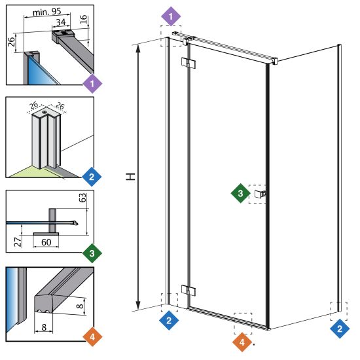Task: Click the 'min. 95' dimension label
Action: point(47,12)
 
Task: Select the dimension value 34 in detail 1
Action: point(61,22)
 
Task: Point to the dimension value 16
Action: point(84,19)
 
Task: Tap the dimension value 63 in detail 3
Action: point(82,198)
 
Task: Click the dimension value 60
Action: point(46,242)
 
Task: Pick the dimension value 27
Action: point(18,242)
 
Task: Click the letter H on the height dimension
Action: point(131,177)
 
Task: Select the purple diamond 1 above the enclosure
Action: point(171,16)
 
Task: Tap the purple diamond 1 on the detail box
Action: point(92,83)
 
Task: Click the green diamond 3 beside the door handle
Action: point(240,193)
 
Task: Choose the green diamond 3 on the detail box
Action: point(92,253)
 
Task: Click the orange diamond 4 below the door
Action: point(242,342)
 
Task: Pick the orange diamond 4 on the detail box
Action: point(92,337)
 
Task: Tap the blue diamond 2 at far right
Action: point(340,329)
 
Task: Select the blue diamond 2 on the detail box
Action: point(92,177)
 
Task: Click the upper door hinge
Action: point(189,63)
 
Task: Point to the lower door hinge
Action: point(189,291)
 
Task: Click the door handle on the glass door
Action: point(260,194)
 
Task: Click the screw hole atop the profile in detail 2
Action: point(45,112)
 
